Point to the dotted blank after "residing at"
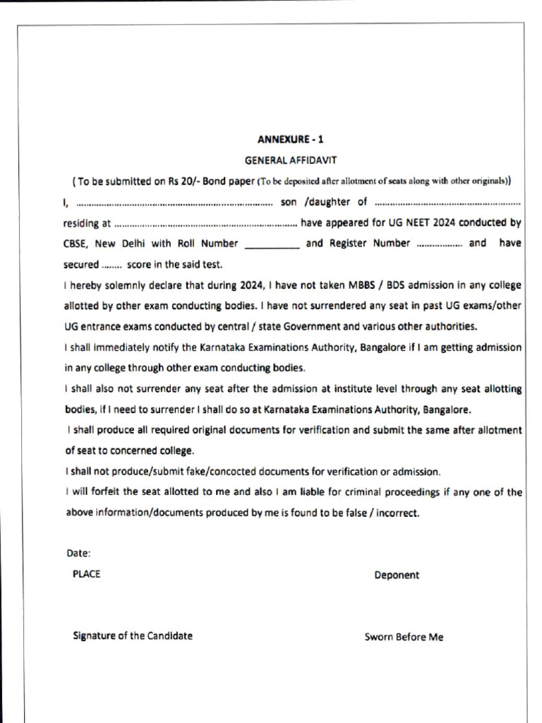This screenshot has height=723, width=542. (205, 224)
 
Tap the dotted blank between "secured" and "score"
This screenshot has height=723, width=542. (112, 265)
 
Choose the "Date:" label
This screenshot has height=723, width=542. (78, 554)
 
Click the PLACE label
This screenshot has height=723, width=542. (86, 574)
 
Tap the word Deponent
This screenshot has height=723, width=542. (397, 575)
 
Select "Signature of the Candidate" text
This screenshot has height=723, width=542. (133, 635)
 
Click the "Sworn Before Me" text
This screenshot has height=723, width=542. (404, 637)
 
